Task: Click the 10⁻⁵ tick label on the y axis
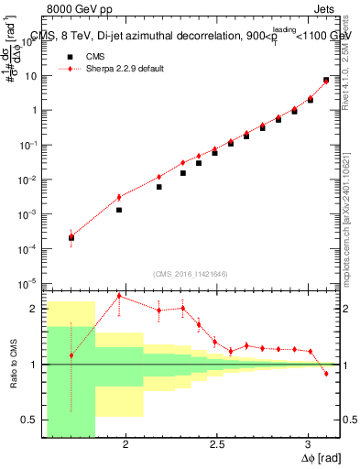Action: [33, 282]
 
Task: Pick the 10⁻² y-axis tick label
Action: [33, 180]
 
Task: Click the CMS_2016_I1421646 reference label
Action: [190, 273]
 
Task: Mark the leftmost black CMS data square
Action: [71, 238]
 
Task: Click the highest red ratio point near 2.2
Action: [119, 296]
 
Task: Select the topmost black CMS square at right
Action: [326, 81]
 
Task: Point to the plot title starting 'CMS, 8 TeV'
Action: [183, 36]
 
